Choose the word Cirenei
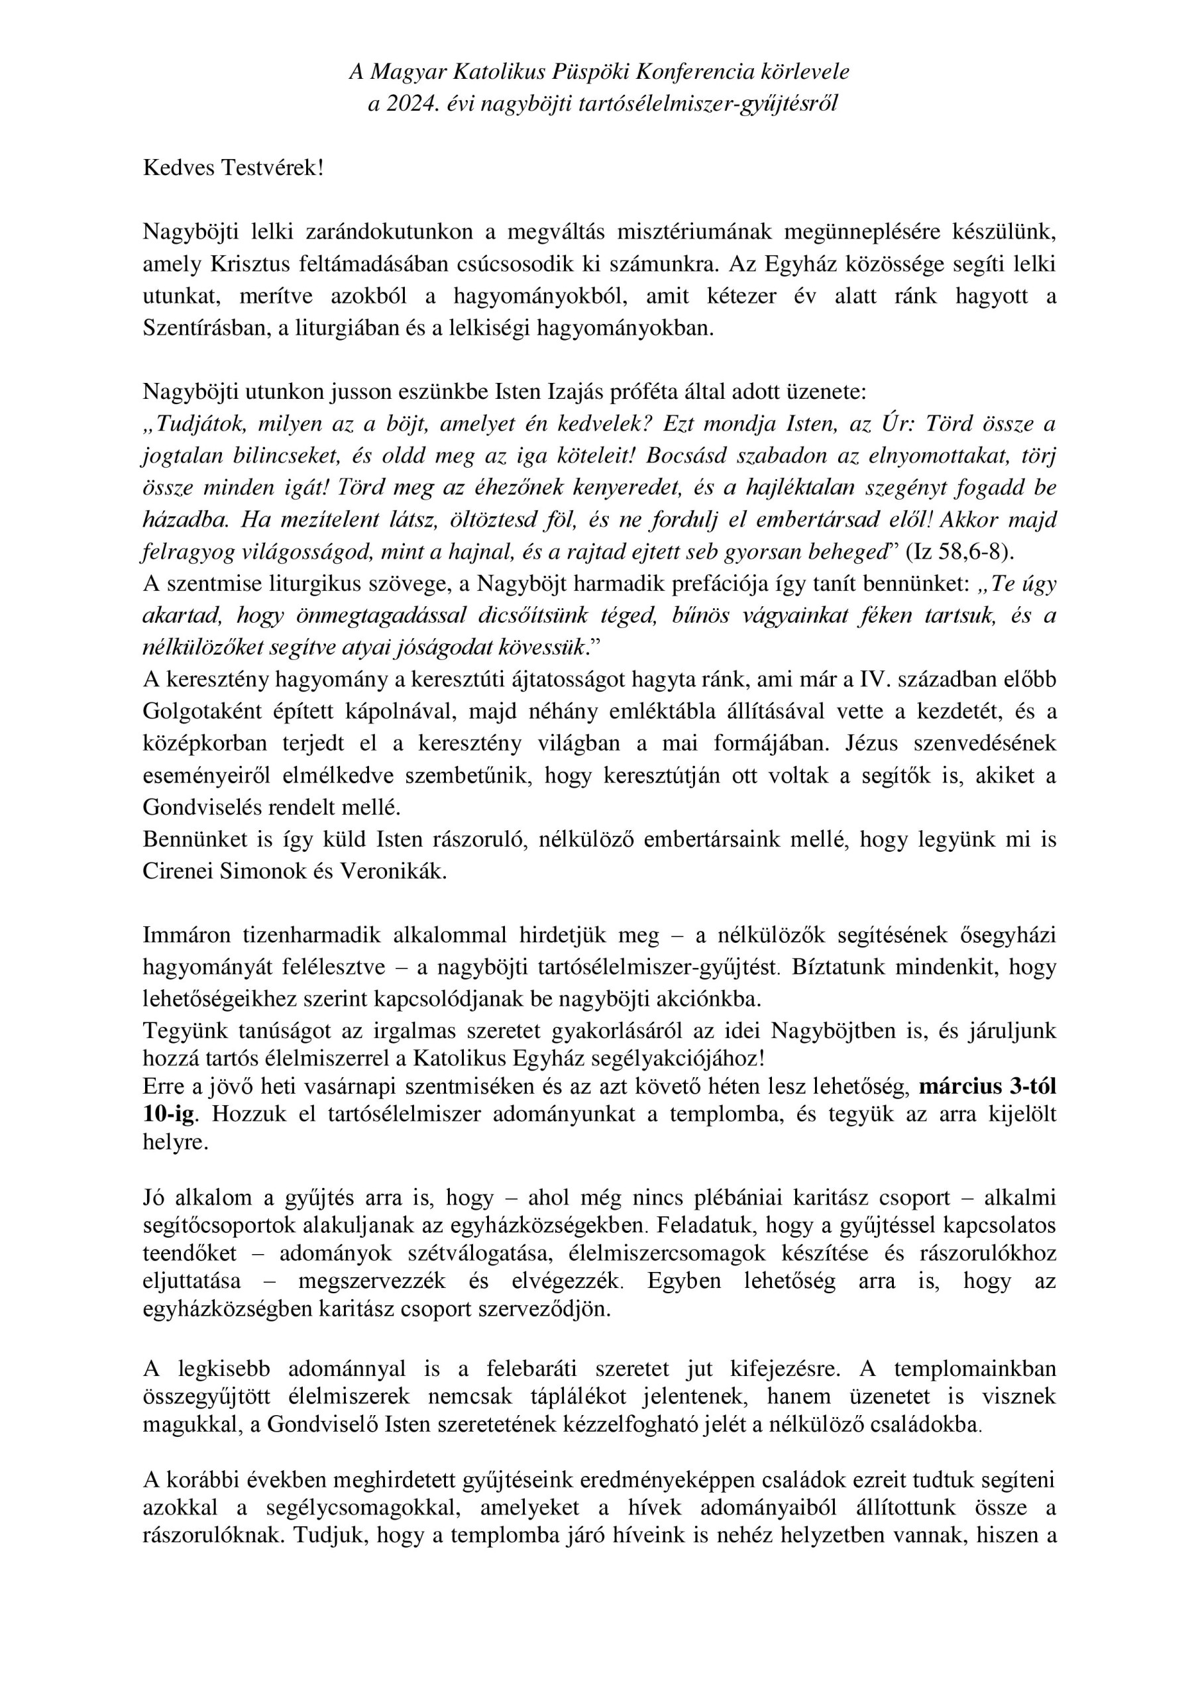[178, 872]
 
